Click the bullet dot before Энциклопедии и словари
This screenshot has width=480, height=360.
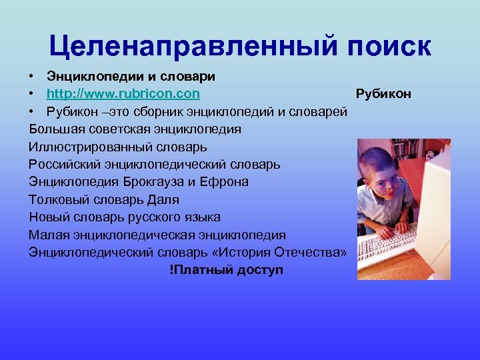[32, 76]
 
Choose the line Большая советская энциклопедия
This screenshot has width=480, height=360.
[135, 129]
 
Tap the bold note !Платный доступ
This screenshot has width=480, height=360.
[226, 270]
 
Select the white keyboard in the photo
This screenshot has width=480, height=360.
[387, 243]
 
